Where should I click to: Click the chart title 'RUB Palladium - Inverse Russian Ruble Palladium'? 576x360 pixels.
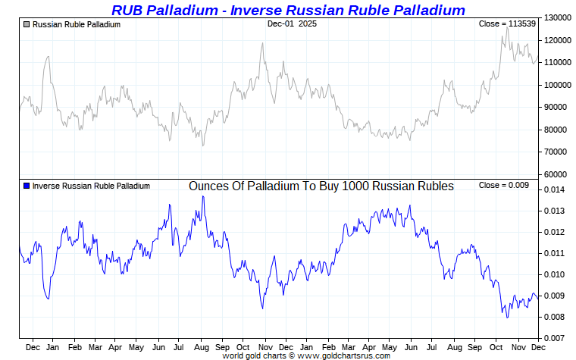pyautogui.click(x=288, y=10)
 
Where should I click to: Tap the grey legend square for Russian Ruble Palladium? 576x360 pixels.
pyautogui.click(x=27, y=24)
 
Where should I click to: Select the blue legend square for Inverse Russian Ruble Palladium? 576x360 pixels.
pyautogui.click(x=27, y=186)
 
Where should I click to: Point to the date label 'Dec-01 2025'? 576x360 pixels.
pyautogui.click(x=292, y=24)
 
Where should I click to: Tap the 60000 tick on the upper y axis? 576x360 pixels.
pyautogui.click(x=556, y=174)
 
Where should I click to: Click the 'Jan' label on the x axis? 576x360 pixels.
pyautogui.click(x=54, y=347)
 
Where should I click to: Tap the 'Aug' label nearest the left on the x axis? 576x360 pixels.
pyautogui.click(x=200, y=347)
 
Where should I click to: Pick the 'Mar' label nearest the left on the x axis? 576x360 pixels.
pyautogui.click(x=95, y=347)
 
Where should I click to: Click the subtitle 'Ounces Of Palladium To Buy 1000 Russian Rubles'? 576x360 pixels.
pyautogui.click(x=321, y=186)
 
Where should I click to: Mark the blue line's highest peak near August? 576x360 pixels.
pyautogui.click(x=202, y=196)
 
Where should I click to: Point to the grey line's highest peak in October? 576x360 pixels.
pyautogui.click(x=505, y=29)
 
